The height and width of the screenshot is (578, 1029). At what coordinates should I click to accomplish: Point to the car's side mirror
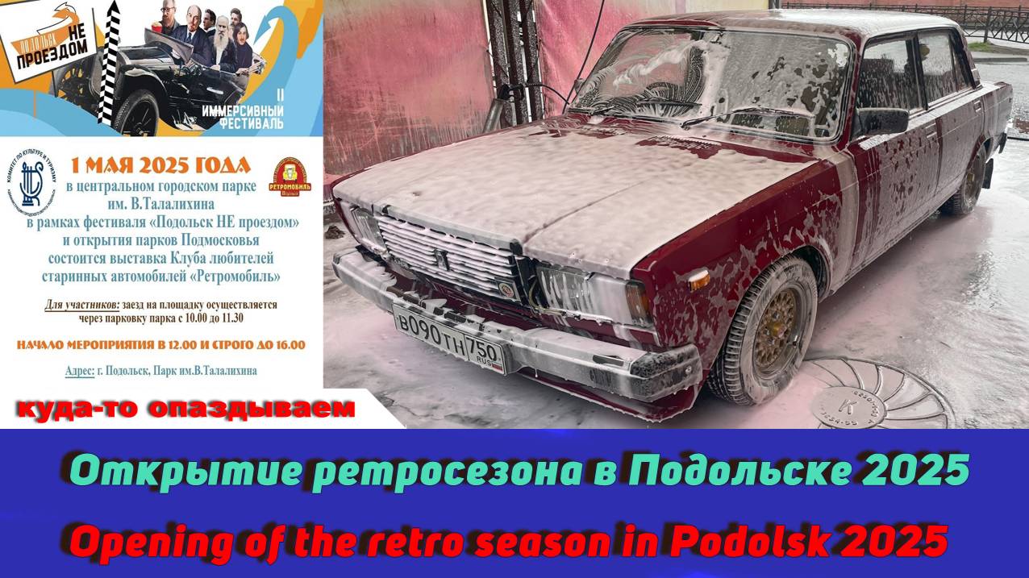point(883,123)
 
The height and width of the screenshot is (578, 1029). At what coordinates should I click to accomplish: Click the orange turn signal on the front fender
point(698,280)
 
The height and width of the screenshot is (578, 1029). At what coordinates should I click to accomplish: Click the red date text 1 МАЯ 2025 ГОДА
point(160,166)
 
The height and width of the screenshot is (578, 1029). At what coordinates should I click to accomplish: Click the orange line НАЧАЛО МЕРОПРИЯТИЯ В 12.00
point(161,345)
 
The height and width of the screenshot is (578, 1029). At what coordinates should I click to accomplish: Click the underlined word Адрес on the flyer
point(81,371)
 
